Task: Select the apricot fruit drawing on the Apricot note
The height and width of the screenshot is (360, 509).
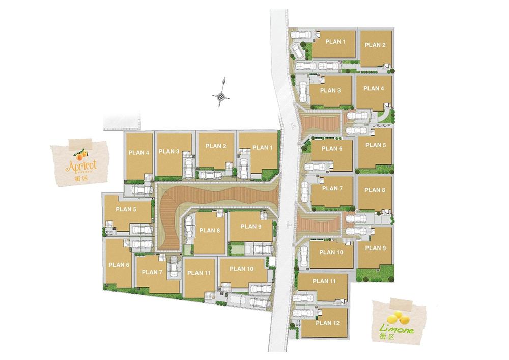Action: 80,153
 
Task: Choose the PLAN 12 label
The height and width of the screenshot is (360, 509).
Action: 328,323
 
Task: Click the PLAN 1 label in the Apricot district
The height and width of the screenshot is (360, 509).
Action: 263,148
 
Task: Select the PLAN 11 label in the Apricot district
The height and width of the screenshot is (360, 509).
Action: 199,273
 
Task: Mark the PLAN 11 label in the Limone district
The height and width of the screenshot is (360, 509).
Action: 324,281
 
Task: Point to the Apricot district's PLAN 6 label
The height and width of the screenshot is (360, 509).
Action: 119,265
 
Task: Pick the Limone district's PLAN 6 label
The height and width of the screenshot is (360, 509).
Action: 331,149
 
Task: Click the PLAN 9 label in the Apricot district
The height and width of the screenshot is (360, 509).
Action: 251,227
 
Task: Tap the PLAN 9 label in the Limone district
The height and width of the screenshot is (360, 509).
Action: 376,248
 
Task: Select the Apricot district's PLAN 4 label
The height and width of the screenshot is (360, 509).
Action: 138,152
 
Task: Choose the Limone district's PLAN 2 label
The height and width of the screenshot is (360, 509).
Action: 375,45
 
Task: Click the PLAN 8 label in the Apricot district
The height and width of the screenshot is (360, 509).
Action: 210,231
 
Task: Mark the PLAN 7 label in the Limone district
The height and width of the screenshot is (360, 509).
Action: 333,188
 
